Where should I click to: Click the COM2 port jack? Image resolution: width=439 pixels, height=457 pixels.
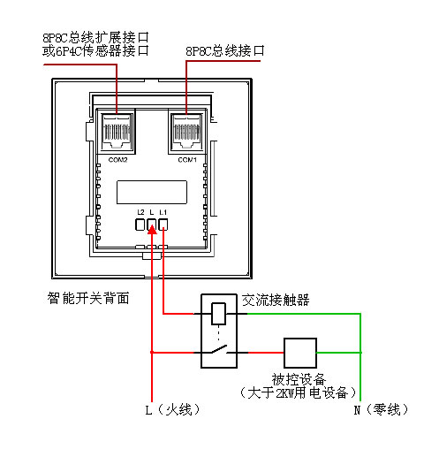click(x=117, y=131)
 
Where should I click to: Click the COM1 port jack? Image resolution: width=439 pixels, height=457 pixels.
click(x=186, y=131)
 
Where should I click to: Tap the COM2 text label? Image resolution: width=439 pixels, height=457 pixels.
click(x=117, y=160)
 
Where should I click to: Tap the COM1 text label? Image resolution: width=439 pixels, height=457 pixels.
click(x=187, y=160)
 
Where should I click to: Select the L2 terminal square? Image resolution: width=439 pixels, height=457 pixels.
click(x=140, y=225)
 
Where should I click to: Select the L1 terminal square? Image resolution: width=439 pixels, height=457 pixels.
click(x=163, y=225)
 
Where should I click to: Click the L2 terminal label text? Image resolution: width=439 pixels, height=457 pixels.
click(x=140, y=212)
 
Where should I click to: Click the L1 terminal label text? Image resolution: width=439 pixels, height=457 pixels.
click(x=163, y=212)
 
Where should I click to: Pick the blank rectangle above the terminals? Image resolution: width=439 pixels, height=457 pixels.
click(x=152, y=192)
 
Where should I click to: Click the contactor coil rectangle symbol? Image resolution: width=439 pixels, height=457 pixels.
click(x=219, y=314)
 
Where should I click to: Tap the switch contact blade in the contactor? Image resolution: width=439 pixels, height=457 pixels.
click(x=219, y=349)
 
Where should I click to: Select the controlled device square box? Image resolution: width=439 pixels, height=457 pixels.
click(x=300, y=353)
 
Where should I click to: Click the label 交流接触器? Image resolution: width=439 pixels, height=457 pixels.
click(x=276, y=301)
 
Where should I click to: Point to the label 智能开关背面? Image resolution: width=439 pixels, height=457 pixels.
click(x=88, y=298)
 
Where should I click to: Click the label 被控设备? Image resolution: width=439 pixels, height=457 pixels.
click(x=299, y=379)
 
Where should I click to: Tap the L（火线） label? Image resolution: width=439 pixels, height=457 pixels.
click(x=173, y=409)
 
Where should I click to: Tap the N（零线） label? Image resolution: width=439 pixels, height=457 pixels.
click(x=382, y=409)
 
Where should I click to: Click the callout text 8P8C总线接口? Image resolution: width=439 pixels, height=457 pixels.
click(x=225, y=50)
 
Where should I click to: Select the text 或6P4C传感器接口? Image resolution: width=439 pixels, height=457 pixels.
click(x=95, y=50)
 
